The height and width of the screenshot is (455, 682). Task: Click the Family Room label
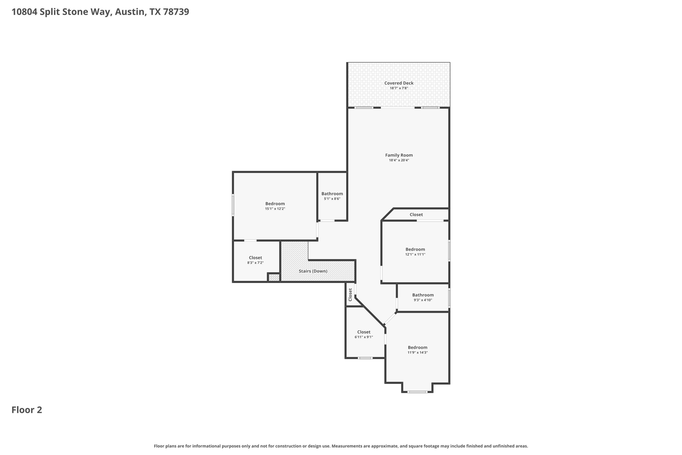point(399,155)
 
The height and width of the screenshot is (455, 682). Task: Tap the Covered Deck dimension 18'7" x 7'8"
point(399,88)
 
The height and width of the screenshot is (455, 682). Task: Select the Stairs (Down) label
point(313,271)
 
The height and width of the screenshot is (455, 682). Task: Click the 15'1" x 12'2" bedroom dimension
point(275,209)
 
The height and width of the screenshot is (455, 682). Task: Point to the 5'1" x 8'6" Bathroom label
point(332,194)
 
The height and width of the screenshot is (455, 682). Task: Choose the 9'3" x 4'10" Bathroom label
point(423,295)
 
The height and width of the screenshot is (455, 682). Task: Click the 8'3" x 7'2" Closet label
point(255,258)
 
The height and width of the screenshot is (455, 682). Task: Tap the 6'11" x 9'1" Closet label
point(364,332)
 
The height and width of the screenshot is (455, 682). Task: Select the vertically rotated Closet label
point(350,295)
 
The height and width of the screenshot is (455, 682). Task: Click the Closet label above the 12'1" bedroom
point(416,215)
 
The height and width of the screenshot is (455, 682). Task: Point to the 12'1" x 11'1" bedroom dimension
point(415,254)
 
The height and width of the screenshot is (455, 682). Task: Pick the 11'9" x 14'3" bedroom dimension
point(417,352)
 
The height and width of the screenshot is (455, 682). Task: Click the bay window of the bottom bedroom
point(417,392)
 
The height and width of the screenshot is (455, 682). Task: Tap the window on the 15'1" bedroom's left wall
point(233,205)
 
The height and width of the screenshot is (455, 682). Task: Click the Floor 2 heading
point(27,410)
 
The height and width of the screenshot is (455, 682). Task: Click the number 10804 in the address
point(24,12)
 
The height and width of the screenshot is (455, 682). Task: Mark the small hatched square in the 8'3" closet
point(274,278)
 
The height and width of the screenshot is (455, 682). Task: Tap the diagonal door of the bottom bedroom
point(390,318)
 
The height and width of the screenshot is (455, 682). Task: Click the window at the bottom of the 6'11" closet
point(365,358)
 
